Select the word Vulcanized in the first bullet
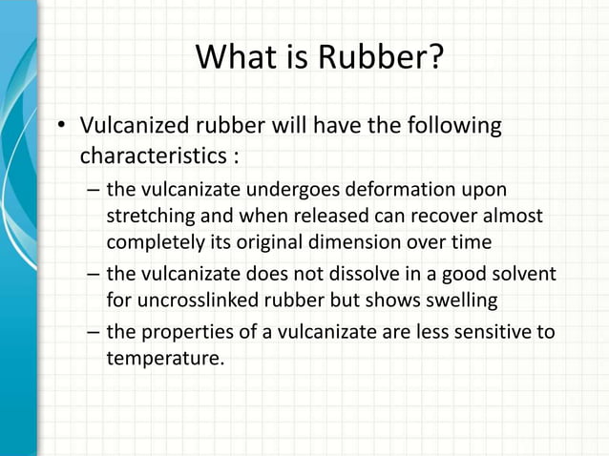(x=135, y=126)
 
